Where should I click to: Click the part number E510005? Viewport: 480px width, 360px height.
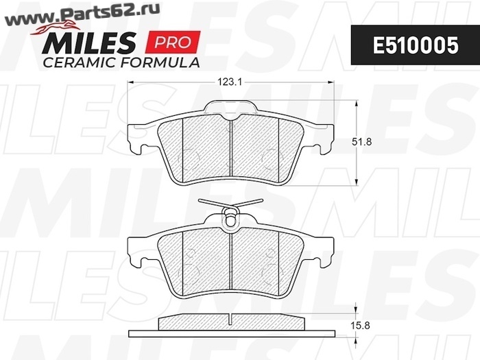pos(416,45)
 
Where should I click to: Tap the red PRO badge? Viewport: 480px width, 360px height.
pos(173,42)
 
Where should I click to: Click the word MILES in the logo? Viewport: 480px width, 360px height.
pos(88,43)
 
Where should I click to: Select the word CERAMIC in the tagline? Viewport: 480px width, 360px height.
pos(80,62)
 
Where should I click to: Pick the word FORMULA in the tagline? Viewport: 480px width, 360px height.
pos(160,62)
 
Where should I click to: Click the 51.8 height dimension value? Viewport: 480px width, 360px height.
pos(362,142)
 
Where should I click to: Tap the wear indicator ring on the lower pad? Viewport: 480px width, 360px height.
pos(230,219)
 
